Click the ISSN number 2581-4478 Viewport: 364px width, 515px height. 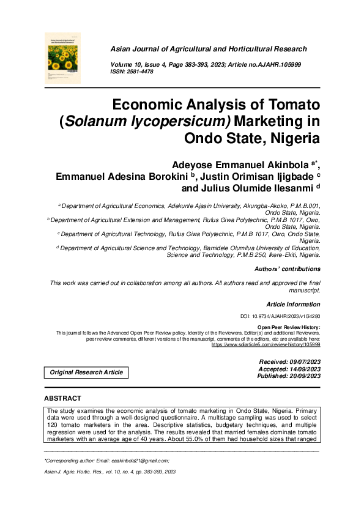[x=139, y=72]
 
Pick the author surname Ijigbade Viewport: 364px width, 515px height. [x=290, y=176]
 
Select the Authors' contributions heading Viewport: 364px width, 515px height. [x=288, y=269]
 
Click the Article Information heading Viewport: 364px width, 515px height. [x=294, y=305]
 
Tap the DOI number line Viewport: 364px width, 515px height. [x=281, y=317]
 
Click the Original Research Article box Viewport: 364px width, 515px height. [x=86, y=372]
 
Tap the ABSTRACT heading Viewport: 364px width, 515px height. [x=63, y=398]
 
